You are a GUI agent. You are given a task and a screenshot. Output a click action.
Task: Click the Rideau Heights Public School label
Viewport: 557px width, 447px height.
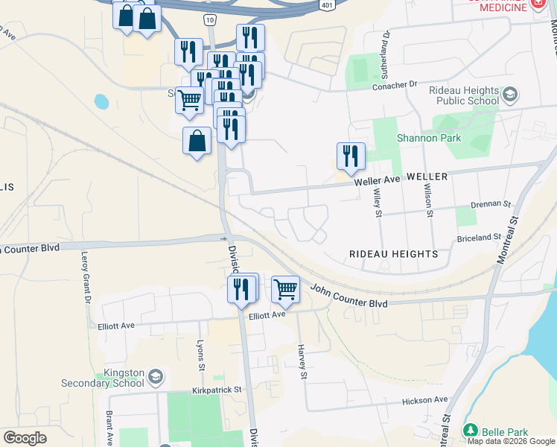click(463, 95)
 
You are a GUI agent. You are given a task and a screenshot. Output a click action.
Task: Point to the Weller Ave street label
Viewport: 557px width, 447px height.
click(378, 180)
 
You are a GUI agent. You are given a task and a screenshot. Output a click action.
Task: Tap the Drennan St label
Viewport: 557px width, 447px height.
click(492, 203)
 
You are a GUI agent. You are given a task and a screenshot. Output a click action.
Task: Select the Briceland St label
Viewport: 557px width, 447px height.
click(480, 237)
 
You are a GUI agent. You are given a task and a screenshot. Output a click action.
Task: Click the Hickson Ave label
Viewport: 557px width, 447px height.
click(425, 401)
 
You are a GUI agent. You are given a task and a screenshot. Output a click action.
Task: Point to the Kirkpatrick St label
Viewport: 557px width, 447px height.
click(217, 389)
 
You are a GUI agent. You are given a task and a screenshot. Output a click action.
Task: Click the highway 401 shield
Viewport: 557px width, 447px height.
click(327, 4)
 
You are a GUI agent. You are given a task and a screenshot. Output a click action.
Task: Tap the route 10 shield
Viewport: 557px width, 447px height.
click(210, 19)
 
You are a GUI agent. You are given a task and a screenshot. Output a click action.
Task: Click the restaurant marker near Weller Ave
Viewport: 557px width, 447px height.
click(351, 156)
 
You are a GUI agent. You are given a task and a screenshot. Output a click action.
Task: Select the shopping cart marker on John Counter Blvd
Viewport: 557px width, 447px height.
click(286, 289)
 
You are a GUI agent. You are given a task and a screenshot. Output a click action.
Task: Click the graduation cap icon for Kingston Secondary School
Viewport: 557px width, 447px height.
click(156, 375)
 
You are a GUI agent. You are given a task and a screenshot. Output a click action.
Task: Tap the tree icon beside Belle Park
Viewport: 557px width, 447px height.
click(470, 431)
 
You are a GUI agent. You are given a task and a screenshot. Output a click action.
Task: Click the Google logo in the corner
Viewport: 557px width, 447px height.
click(25, 437)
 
